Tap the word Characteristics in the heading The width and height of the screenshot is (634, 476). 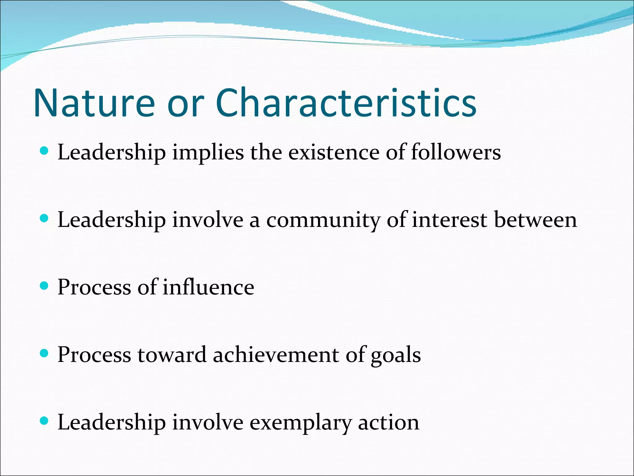coord(346,103)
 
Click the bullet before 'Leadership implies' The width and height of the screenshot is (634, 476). coord(45,151)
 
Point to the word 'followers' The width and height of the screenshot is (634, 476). coord(456,152)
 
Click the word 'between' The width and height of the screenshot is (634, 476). coord(536,220)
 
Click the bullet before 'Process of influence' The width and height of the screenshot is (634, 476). coord(45,285)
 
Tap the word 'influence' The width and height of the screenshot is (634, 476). coord(208,287)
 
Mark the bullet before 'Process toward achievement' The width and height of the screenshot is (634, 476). coord(45,353)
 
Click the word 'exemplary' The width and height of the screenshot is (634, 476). coord(301,423)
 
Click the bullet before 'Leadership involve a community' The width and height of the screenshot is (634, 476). coord(45,218)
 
